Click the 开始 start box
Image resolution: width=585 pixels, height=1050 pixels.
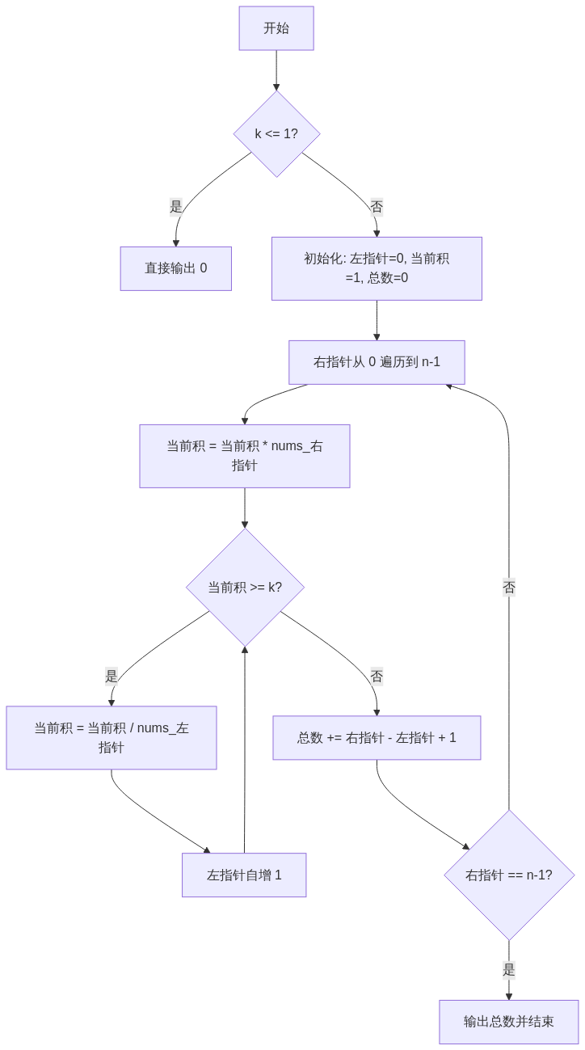(x=276, y=28)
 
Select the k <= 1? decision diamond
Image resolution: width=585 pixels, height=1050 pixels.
(x=276, y=134)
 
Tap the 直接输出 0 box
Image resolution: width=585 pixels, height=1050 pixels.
(x=175, y=268)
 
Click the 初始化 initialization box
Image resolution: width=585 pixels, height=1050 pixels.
(x=377, y=268)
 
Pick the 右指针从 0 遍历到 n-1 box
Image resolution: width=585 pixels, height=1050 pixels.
(x=377, y=362)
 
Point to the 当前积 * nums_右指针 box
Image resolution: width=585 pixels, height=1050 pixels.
(x=245, y=456)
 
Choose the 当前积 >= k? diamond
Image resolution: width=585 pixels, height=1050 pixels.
(x=245, y=588)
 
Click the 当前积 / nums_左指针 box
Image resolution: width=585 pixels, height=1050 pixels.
(x=112, y=738)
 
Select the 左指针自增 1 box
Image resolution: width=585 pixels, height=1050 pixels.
(x=244, y=875)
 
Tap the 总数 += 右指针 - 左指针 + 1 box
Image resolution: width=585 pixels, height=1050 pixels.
(x=377, y=738)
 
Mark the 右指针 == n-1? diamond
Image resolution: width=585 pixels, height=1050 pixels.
(x=509, y=875)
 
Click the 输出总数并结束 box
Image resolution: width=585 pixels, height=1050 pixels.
(x=509, y=1022)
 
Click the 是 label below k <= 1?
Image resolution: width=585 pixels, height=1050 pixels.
(x=175, y=207)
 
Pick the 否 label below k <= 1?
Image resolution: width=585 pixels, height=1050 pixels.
(x=377, y=207)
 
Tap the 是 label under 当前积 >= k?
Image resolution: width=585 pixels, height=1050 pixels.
(x=112, y=676)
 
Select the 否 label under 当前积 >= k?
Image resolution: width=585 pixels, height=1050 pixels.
(x=377, y=676)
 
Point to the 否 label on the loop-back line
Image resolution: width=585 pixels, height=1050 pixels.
(x=509, y=588)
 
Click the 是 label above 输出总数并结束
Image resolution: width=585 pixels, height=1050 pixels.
(x=509, y=970)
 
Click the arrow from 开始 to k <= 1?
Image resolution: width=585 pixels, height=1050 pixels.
(x=276, y=71)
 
